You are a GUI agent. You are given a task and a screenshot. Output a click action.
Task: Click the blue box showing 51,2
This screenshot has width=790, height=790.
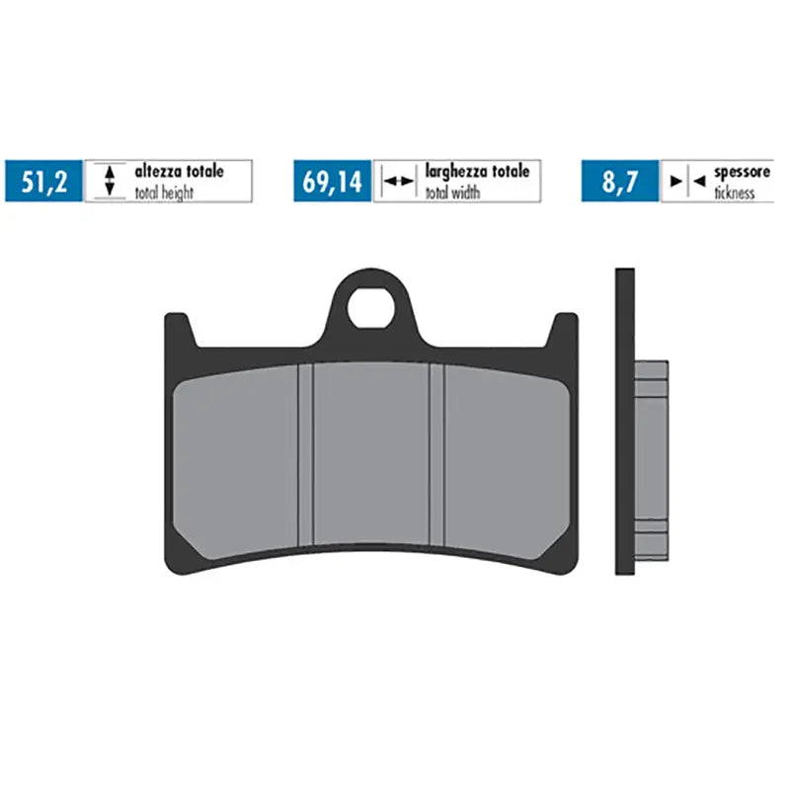(44, 181)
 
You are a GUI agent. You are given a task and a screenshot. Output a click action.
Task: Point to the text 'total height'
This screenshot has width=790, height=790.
(164, 193)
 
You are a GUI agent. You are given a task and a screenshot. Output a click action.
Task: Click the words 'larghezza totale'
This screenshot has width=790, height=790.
(477, 172)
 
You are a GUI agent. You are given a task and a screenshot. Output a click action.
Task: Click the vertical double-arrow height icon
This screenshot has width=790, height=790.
(111, 181)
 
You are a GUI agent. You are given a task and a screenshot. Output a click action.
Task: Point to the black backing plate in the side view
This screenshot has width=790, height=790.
(624, 420)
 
